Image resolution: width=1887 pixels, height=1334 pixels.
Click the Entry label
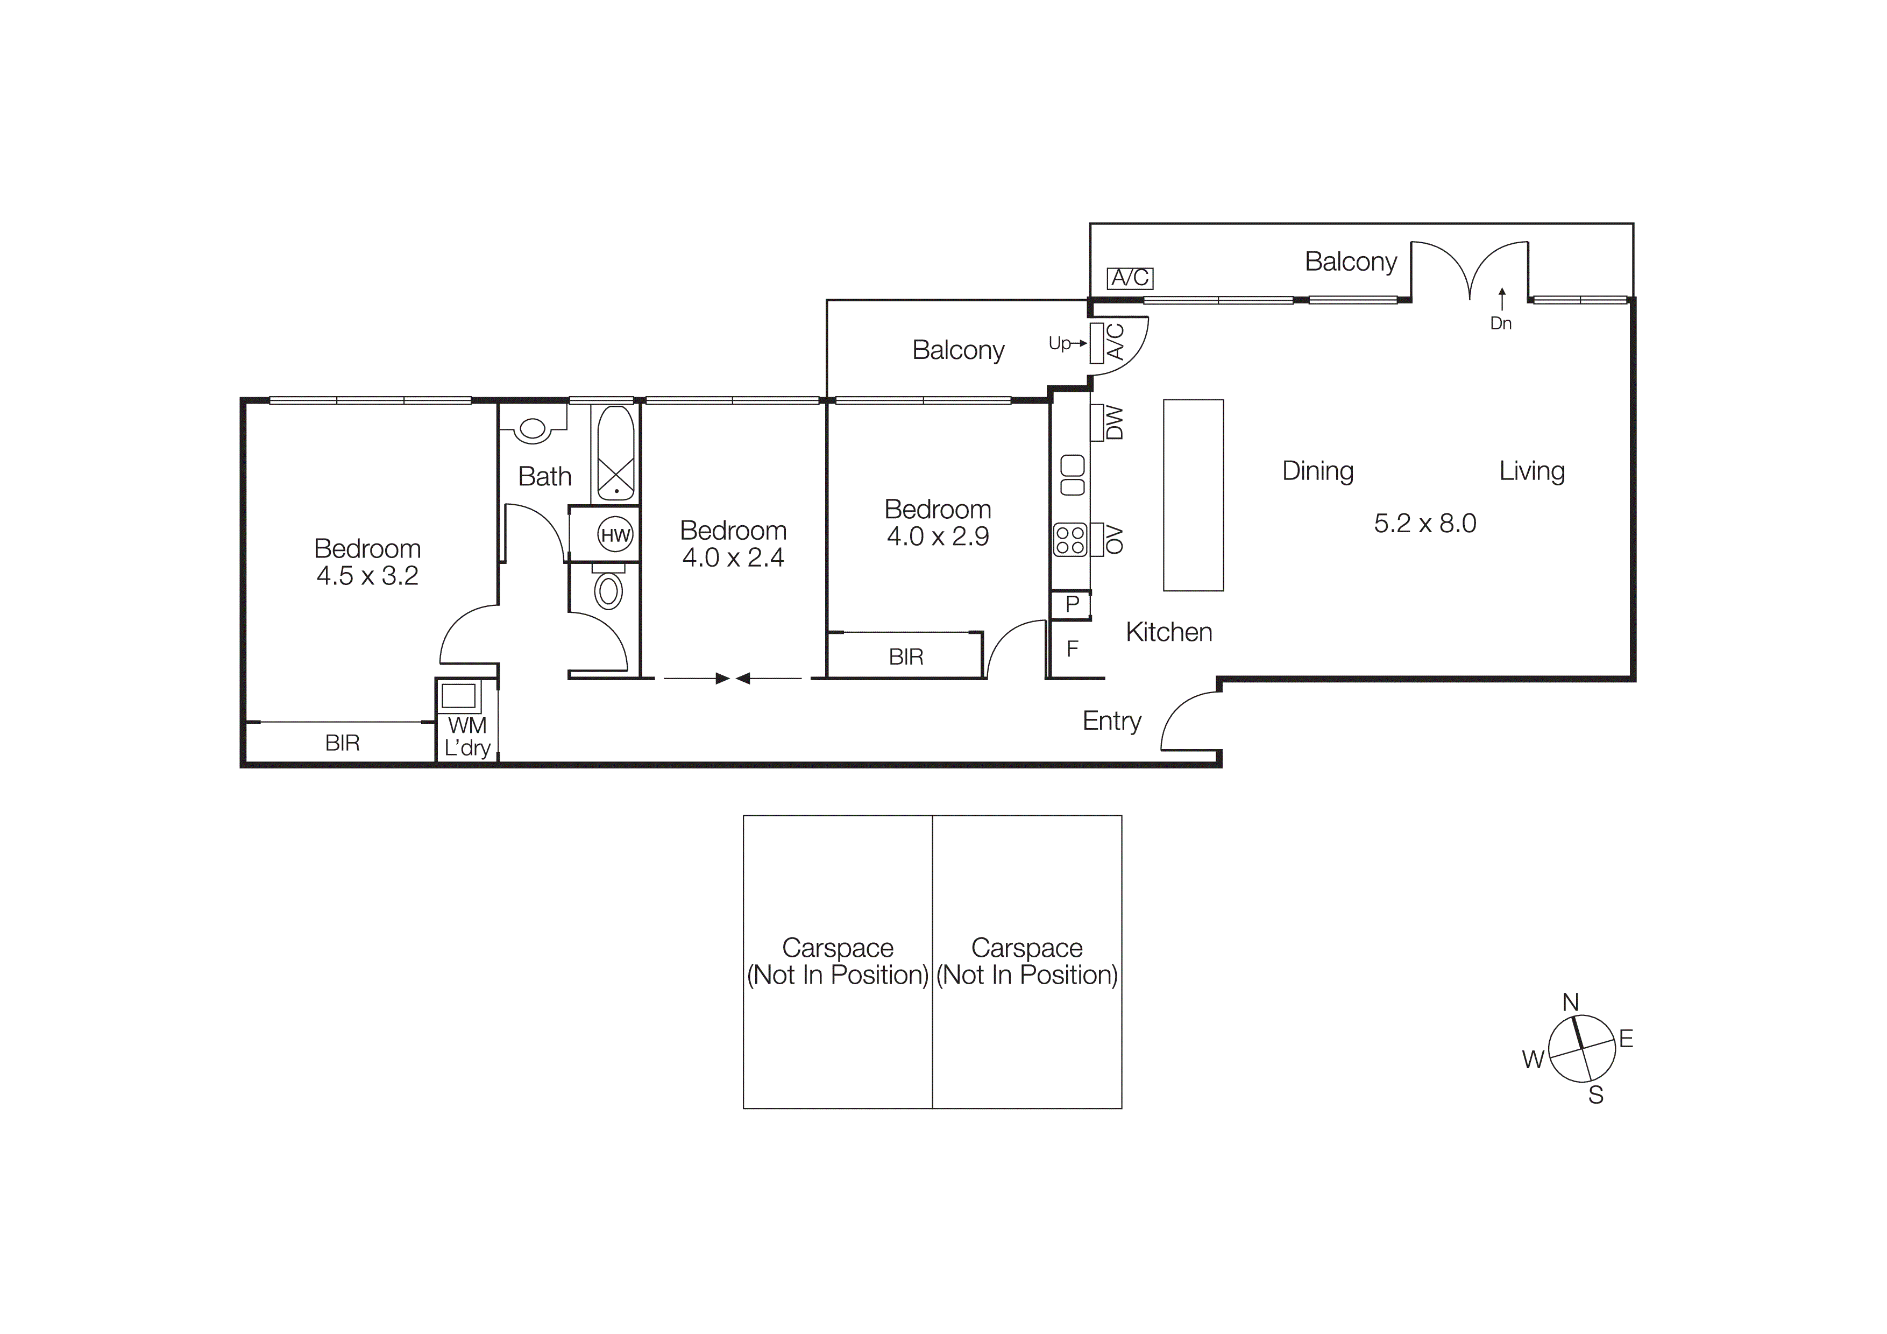pyautogui.click(x=1111, y=721)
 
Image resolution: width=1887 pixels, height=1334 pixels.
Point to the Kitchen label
pyautogui.click(x=1168, y=632)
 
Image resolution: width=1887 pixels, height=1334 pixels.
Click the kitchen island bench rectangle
pyautogui.click(x=1193, y=495)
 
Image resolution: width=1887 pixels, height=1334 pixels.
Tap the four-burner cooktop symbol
pyautogui.click(x=1070, y=540)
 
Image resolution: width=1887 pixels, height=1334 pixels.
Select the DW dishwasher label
pyautogui.click(x=1113, y=422)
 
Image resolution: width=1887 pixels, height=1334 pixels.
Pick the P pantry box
pyautogui.click(x=1072, y=605)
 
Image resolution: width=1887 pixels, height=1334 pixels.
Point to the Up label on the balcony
pyautogui.click(x=1059, y=343)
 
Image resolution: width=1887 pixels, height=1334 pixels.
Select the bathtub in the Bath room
pyautogui.click(x=615, y=453)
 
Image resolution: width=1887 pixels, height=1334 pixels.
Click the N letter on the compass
pyautogui.click(x=1570, y=1003)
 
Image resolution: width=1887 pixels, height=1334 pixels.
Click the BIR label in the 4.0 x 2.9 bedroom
pyautogui.click(x=906, y=657)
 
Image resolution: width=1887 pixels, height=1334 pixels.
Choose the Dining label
pyautogui.click(x=1317, y=471)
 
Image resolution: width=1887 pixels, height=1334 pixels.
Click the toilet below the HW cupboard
pyautogui.click(x=608, y=590)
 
